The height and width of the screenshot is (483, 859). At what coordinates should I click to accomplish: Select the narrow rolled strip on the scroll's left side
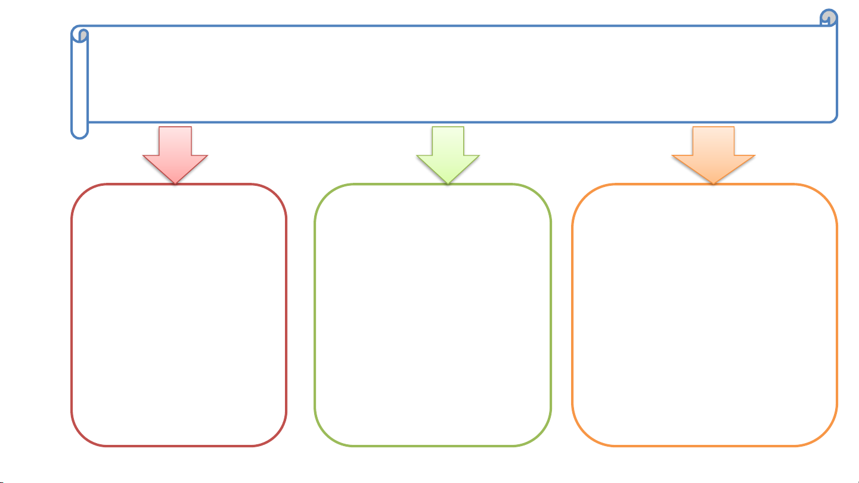[80, 83]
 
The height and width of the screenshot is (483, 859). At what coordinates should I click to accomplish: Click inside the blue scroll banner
[459, 74]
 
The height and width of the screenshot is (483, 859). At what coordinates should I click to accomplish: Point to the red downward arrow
[175, 152]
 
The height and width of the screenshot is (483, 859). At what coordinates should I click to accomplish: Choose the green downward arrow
[448, 152]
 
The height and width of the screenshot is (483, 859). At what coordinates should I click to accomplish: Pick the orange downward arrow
[714, 152]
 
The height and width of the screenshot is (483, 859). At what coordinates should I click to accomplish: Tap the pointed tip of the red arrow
[175, 182]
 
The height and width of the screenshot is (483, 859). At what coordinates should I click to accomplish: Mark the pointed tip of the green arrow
[448, 182]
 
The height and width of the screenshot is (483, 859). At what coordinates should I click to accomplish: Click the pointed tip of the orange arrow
[714, 182]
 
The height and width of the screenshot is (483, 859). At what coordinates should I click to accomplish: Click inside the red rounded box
[179, 316]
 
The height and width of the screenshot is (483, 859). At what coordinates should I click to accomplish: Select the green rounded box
[433, 316]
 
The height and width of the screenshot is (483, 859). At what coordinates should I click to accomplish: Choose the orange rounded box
[705, 316]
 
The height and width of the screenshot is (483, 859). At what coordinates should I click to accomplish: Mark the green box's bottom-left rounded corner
[325, 435]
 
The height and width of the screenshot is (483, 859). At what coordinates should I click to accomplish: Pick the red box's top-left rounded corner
[82, 195]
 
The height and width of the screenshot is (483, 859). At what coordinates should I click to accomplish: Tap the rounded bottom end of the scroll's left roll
[80, 134]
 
